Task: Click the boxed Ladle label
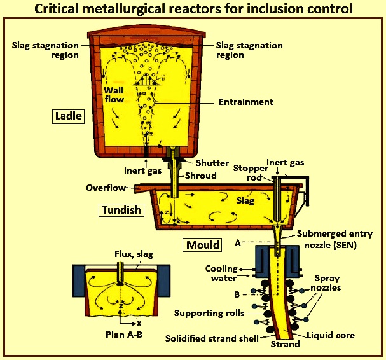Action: pyautogui.click(x=68, y=116)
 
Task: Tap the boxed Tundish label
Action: pyautogui.click(x=121, y=210)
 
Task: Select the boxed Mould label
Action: pyautogui.click(x=202, y=245)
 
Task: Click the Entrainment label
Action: pyautogui.click(x=246, y=102)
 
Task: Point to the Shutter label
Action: pyautogui.click(x=212, y=163)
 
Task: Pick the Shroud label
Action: pyautogui.click(x=201, y=176)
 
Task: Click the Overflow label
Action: pyautogui.click(x=106, y=188)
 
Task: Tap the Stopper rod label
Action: pyautogui.click(x=251, y=173)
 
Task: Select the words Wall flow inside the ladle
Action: pyautogui.click(x=114, y=95)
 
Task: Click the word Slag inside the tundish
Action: pyautogui.click(x=245, y=200)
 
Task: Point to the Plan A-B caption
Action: pyautogui.click(x=124, y=335)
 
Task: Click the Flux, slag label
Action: pyautogui.click(x=134, y=254)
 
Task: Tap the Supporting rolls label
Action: pyautogui.click(x=209, y=313)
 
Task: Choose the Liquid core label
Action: pyautogui.click(x=331, y=335)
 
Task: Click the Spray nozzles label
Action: pyautogui.click(x=326, y=283)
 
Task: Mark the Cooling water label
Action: pyautogui.click(x=221, y=273)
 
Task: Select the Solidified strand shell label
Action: pyautogui.click(x=212, y=338)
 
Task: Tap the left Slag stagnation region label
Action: pyautogui.click(x=45, y=50)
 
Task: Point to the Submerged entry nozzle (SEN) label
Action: pyautogui.click(x=334, y=239)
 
